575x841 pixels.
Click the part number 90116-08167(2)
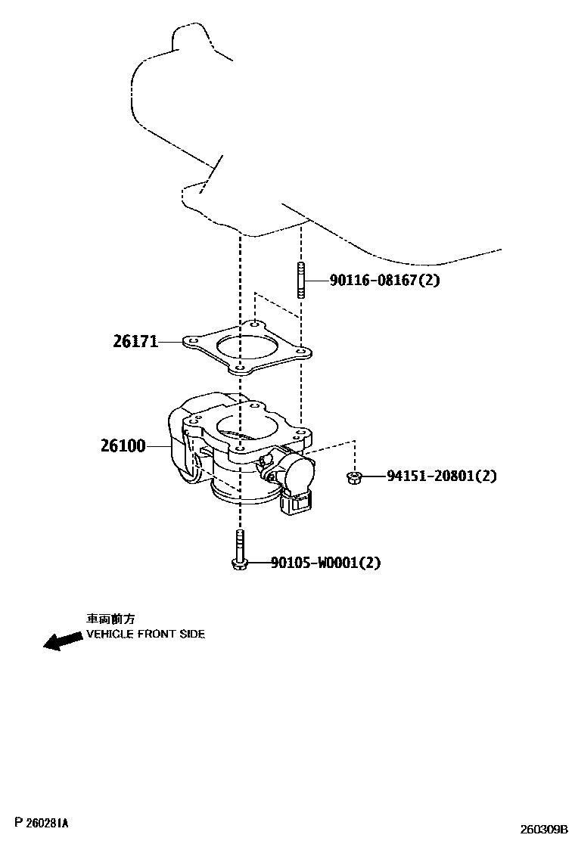384,280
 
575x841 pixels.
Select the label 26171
135,341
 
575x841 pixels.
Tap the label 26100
123,446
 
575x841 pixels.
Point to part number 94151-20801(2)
442,476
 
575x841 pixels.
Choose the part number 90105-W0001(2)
325,563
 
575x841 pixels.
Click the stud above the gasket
300,280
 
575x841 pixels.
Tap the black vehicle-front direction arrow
64,641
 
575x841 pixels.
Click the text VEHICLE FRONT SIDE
145,634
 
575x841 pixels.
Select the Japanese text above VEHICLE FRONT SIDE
110,618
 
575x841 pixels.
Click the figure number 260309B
542,829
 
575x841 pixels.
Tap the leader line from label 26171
172,342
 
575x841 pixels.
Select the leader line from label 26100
160,446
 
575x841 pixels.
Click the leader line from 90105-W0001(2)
258,563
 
